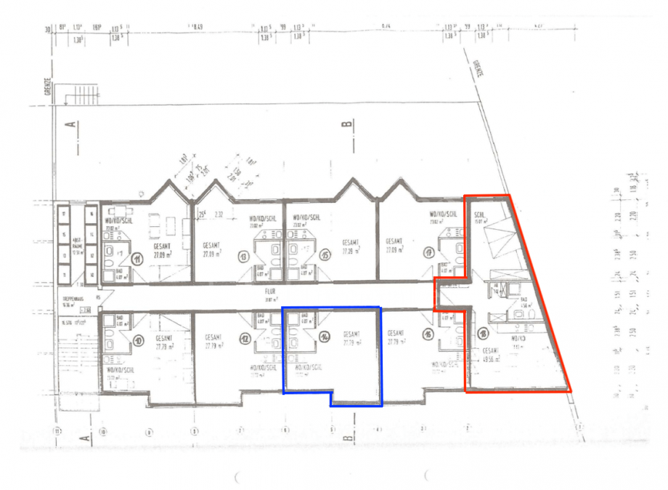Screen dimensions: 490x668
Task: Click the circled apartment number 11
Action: click(136, 257)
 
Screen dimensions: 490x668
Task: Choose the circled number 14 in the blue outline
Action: click(325, 337)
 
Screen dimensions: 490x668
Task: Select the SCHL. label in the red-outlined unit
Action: click(479, 215)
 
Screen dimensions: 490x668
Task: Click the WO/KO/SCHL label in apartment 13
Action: click(262, 218)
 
